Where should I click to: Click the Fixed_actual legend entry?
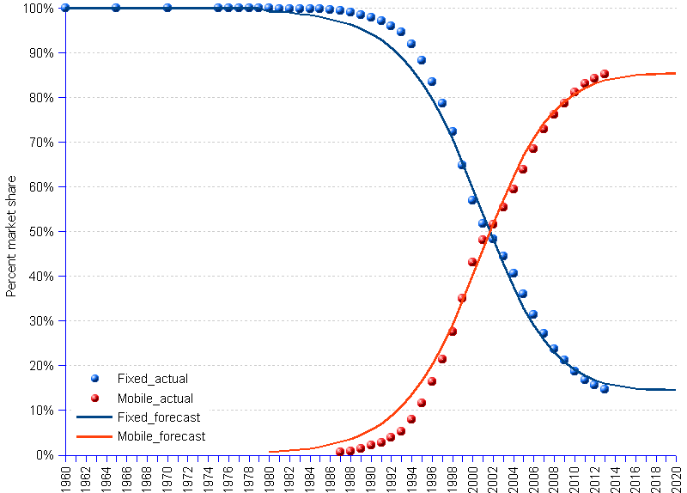tap(152, 379)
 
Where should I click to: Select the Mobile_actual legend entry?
tap(155, 399)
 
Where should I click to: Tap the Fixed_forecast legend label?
tap(158, 417)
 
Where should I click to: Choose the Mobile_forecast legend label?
tap(161, 436)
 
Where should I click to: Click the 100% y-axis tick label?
tap(36, 9)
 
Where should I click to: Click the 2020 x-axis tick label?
tap(676, 477)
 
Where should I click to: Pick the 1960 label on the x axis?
tap(65, 477)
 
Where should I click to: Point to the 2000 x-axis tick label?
tap(472, 477)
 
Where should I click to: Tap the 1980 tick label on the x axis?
tap(269, 477)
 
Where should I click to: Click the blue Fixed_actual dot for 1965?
tap(116, 8)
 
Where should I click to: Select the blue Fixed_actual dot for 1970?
tap(167, 8)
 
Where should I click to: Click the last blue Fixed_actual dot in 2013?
tap(605, 389)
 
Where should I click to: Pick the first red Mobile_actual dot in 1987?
tap(340, 452)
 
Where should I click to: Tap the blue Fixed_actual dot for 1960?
tap(65, 8)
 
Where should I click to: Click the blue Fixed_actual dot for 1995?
tap(422, 60)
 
